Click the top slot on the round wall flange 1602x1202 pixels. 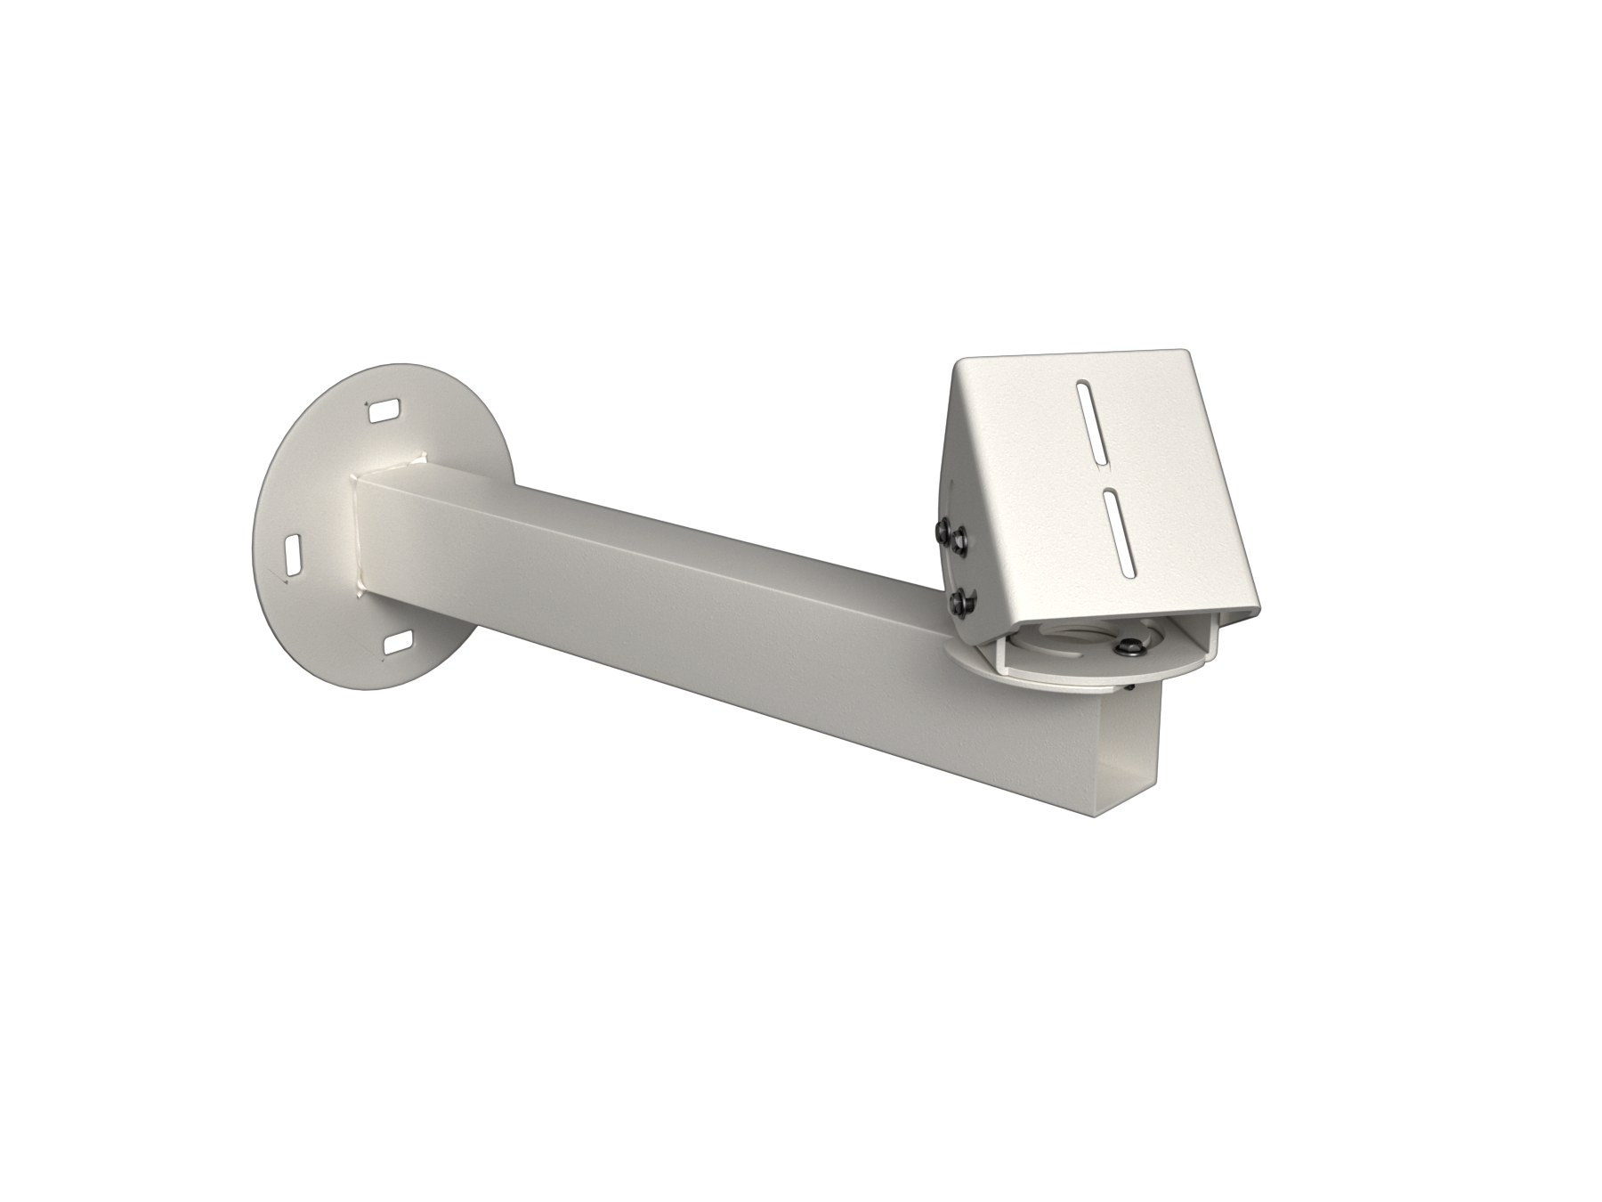coord(384,410)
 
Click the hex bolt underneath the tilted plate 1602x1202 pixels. coord(1130,648)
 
